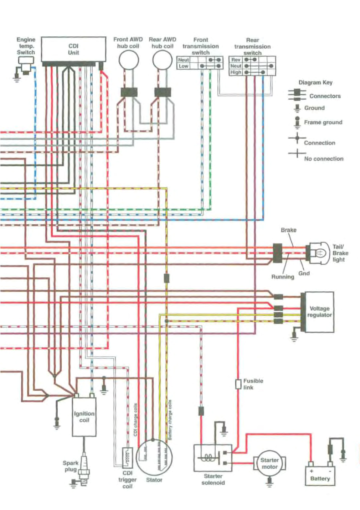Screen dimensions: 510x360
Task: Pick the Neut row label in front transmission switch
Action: coord(183,60)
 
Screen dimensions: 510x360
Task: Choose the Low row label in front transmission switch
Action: coord(183,66)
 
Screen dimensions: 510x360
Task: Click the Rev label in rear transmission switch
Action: coord(236,60)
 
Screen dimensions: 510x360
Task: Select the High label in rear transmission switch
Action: coord(236,72)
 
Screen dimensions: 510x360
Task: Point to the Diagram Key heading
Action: coord(315,83)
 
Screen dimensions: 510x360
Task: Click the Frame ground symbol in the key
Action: coord(297,122)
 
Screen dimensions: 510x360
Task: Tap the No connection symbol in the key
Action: coord(296,154)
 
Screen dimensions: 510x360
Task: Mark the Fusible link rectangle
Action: coord(238,384)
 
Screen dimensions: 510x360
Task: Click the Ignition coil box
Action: coord(84,417)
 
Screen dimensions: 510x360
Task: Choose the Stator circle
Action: coord(154,457)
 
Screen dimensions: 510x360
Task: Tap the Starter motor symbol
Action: coord(269,463)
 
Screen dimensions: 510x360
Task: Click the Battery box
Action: coord(320,476)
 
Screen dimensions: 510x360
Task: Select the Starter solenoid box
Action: coord(212,458)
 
